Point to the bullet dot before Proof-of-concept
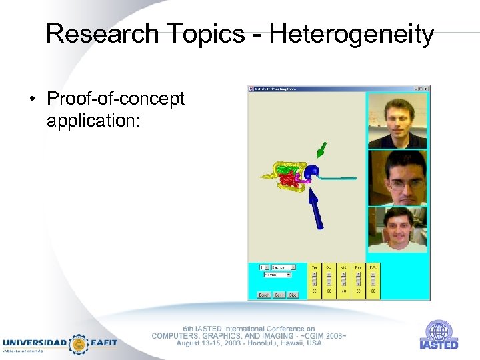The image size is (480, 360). [33, 101]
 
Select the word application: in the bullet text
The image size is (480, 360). [93, 121]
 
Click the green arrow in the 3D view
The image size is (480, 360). [322, 149]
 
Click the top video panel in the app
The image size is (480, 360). [397, 120]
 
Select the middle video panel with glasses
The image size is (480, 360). [397, 177]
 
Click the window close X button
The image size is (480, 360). [427, 89]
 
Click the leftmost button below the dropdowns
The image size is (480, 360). [263, 294]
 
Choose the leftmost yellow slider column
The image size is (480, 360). [314, 280]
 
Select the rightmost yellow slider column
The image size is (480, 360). [373, 280]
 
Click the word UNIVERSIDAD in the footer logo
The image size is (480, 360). [35, 343]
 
